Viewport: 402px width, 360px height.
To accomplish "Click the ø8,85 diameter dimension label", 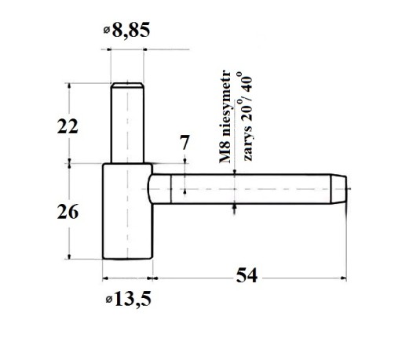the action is tap(126, 30).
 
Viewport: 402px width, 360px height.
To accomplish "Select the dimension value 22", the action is tap(68, 127).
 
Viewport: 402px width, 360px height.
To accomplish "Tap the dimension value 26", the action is tap(68, 212).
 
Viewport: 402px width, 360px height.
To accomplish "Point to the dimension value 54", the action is tap(247, 275).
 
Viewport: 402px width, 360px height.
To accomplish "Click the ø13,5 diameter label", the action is tap(129, 299).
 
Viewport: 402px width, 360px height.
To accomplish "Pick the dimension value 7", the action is tap(185, 143).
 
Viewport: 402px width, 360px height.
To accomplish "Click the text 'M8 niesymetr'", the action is tap(225, 117).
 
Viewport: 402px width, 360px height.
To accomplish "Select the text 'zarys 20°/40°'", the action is tap(245, 117).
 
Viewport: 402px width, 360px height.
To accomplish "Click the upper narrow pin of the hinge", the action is tap(127, 123).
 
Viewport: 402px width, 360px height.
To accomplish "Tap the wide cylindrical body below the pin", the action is tap(127, 211).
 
